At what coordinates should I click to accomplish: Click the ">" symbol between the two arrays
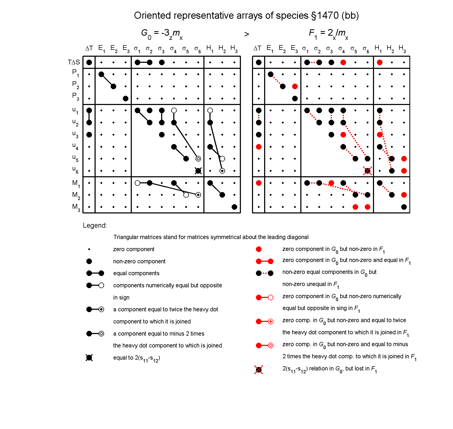tap(246, 34)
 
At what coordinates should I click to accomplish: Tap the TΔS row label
tap(74, 62)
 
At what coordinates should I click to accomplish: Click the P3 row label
tap(76, 96)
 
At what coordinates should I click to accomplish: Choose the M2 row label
tap(76, 195)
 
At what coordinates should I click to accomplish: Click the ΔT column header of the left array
tap(89, 48)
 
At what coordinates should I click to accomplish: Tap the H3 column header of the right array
tap(403, 49)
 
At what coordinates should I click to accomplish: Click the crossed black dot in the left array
tap(198, 171)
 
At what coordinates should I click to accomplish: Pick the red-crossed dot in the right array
tap(367, 171)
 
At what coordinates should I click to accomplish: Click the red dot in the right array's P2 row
tap(295, 86)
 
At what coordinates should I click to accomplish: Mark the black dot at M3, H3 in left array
tap(234, 207)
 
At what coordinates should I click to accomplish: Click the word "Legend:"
tap(95, 225)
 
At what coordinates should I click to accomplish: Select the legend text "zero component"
tap(134, 249)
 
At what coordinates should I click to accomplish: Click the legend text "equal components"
tap(136, 273)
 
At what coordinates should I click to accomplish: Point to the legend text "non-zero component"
tap(139, 261)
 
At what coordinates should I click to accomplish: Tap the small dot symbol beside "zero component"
tap(89, 249)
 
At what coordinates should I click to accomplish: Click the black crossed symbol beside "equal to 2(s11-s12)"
tap(89, 358)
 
